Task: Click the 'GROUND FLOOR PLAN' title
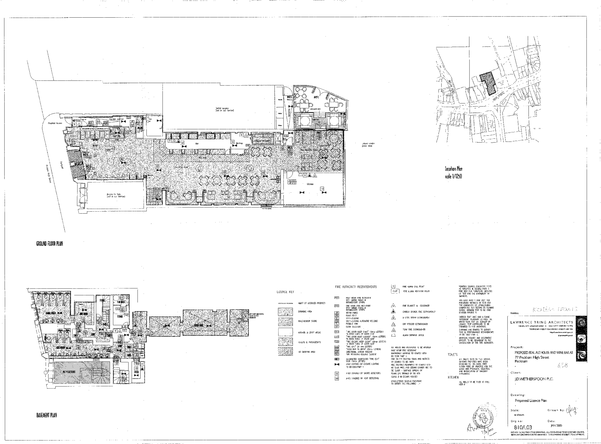[x=50, y=244]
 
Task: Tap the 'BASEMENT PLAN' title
[x=47, y=415]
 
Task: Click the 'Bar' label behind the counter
[x=197, y=144]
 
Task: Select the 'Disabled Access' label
[x=55, y=123]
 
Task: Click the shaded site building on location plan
[x=488, y=83]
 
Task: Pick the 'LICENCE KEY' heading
[x=285, y=292]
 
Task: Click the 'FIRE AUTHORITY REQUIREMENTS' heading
[x=356, y=287]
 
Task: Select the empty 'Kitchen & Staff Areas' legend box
[x=285, y=332]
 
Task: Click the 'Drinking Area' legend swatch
[x=285, y=311]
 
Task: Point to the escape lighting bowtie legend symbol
[x=337, y=365]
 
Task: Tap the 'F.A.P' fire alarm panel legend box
[x=395, y=291]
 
